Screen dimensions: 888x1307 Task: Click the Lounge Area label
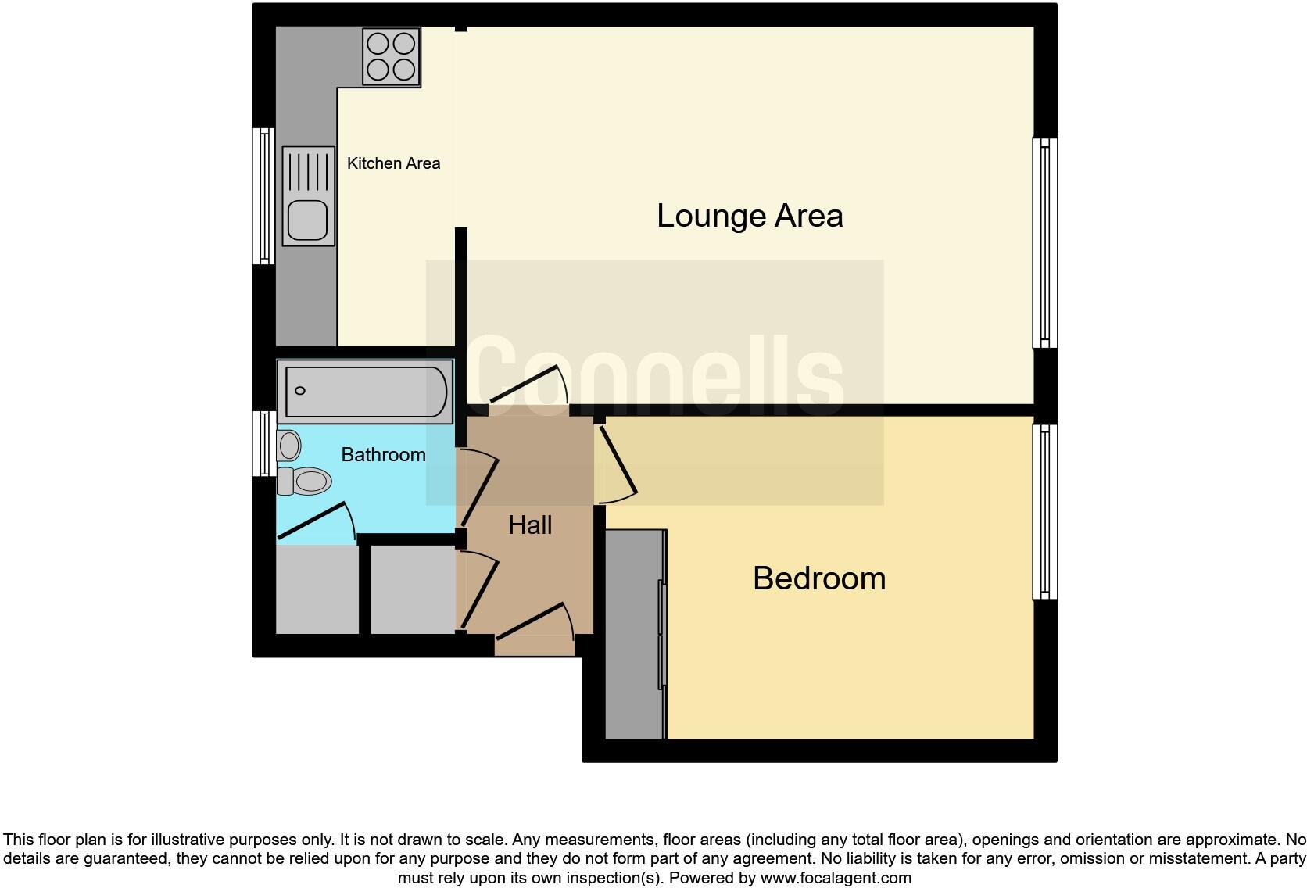[x=750, y=216]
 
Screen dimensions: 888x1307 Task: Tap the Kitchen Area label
[x=393, y=163]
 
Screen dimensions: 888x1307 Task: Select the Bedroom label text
[x=818, y=578]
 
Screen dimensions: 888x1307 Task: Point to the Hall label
[x=530, y=525]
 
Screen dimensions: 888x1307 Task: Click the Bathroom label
[x=383, y=455]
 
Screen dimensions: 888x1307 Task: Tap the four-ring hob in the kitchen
[x=391, y=56]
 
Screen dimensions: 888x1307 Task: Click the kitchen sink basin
[x=306, y=219]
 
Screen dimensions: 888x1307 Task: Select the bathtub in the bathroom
[x=365, y=391]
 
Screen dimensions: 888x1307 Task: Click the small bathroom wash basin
[x=288, y=446]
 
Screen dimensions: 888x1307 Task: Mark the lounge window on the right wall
[x=1045, y=242]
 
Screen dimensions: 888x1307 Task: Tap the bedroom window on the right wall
[x=1045, y=512]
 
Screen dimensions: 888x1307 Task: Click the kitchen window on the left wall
[x=263, y=195]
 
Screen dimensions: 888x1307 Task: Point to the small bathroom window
[x=263, y=443]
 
